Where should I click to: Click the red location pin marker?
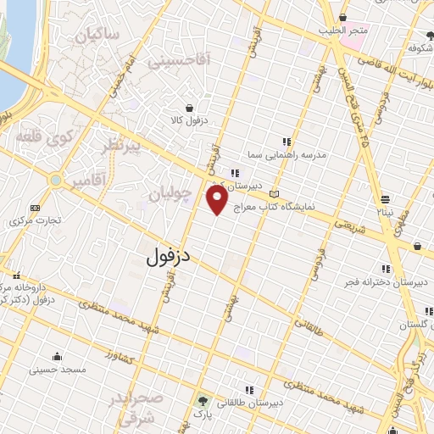tap(217, 199)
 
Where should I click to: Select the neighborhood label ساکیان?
tap(97, 35)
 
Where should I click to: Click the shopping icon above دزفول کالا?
tap(188, 108)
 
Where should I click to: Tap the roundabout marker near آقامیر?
tap(55, 181)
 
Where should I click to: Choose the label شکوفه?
tap(416, 48)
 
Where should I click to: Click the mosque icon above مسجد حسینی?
tap(56, 355)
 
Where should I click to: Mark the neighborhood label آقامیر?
tap(89, 181)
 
